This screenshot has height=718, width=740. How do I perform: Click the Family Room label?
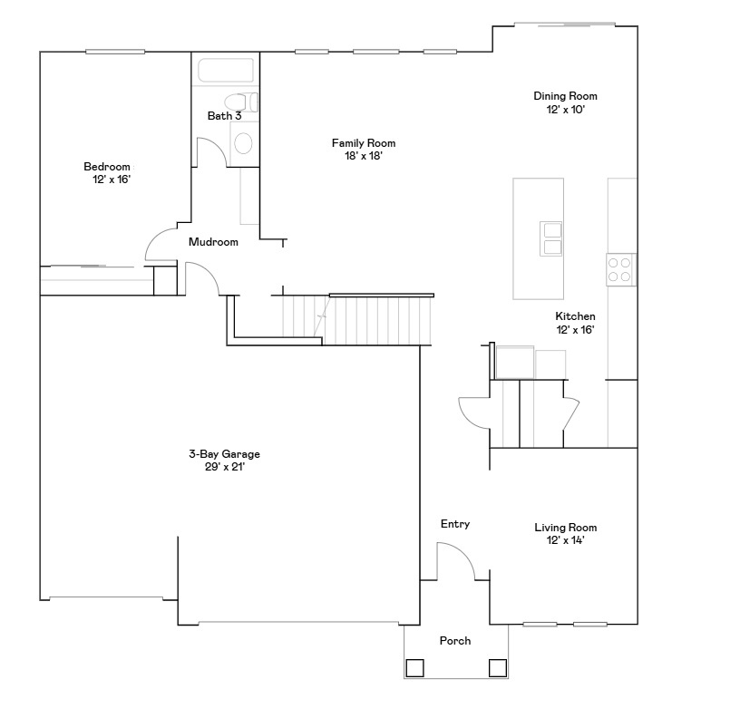pos(363,143)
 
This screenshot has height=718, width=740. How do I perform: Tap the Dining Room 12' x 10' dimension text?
pos(565,109)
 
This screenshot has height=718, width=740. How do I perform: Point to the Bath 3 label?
pos(224,116)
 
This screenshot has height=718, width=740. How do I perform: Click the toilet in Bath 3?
pos(242,142)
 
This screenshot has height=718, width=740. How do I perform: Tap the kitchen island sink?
pos(551,238)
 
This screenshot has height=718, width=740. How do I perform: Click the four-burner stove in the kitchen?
pos(620,269)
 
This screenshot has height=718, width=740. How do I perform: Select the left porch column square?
pos(414,668)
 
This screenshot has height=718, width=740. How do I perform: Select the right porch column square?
pos(498,668)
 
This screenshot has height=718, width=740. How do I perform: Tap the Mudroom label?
pos(213,242)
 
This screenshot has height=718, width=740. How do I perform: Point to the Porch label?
pos(455,641)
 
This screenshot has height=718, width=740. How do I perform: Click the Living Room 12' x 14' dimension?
pos(565,540)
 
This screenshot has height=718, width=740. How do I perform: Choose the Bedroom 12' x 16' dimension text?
pos(107,179)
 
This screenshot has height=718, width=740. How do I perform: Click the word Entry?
pos(455,524)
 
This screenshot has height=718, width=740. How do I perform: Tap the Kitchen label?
pos(575,316)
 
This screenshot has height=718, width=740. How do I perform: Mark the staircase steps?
pos(376,320)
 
